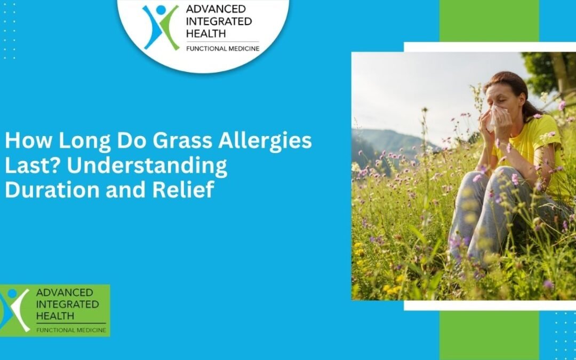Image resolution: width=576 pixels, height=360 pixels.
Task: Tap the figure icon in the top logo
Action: [x=161, y=27]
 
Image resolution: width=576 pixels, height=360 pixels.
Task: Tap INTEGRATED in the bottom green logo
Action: [x=67, y=304]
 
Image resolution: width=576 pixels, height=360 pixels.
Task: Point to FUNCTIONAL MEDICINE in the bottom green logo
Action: [x=70, y=330]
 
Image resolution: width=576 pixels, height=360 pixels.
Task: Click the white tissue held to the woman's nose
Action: [x=497, y=116]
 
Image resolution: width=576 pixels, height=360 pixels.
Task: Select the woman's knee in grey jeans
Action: [x=479, y=184]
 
